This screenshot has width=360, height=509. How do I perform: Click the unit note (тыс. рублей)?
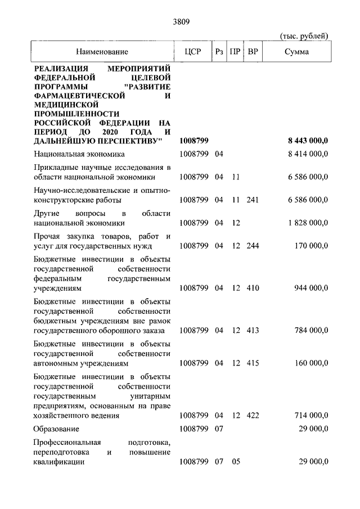point(304,37)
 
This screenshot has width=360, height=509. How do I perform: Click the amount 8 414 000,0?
point(308,154)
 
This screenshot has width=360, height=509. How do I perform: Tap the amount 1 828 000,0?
point(308,223)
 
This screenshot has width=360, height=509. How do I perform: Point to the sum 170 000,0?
point(311,246)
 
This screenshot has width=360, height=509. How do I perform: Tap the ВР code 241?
point(253,200)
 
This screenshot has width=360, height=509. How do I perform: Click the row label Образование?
point(57,429)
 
